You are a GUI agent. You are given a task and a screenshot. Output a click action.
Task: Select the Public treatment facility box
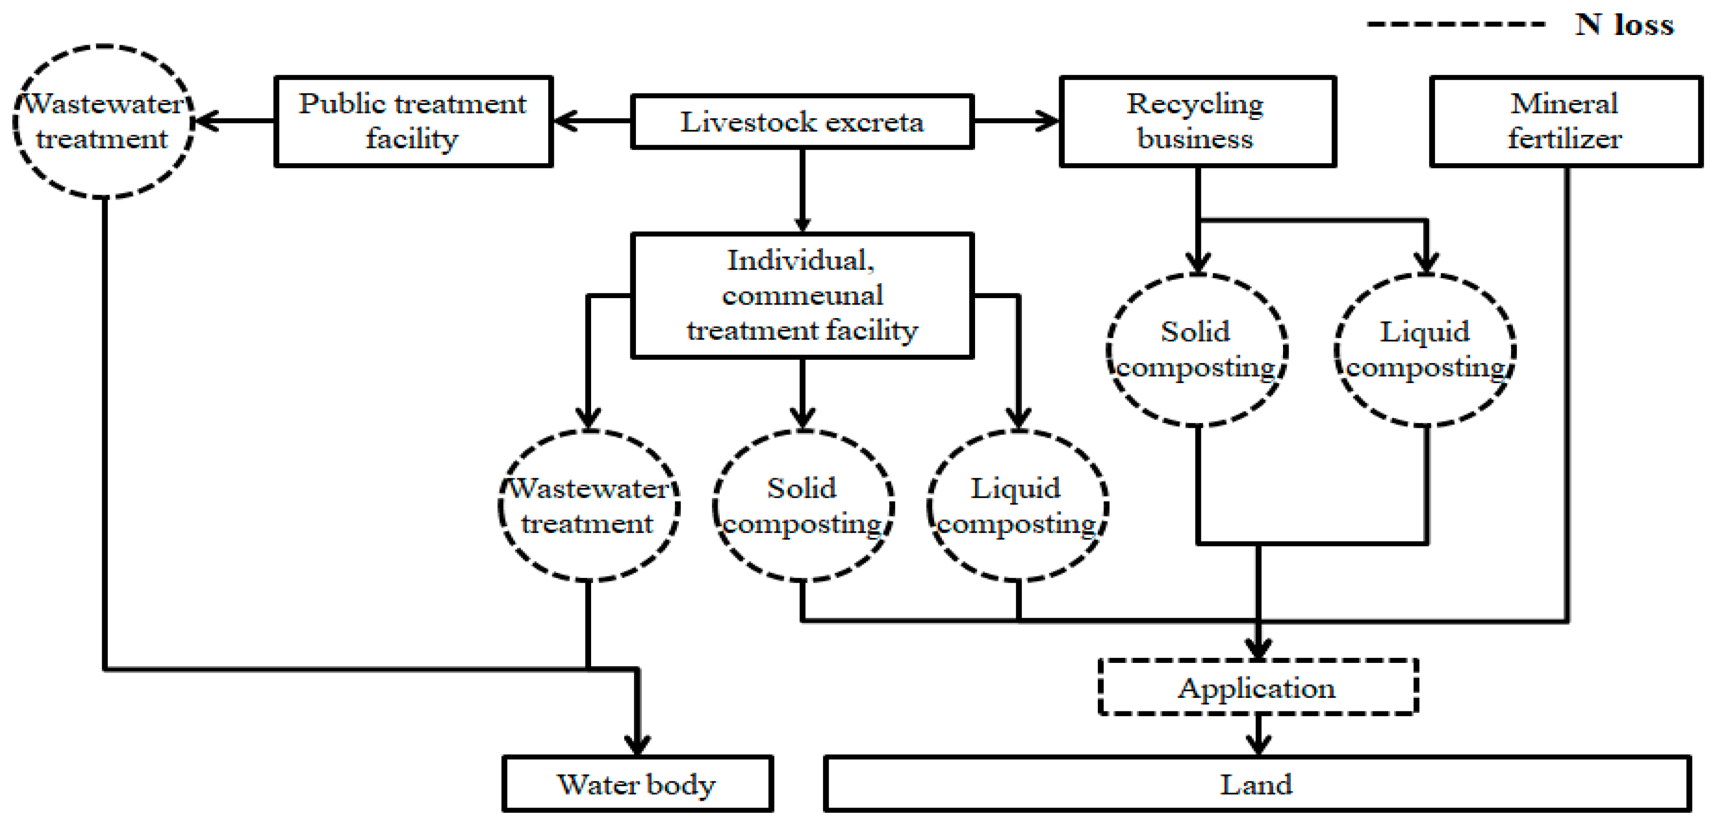tap(413, 121)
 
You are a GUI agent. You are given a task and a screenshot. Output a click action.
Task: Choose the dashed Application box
tap(1258, 687)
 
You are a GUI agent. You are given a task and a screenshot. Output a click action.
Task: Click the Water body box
tap(637, 784)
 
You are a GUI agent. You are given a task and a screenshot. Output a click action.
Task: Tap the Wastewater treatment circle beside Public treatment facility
tap(103, 121)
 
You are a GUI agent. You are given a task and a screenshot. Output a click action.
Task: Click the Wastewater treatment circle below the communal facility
tap(588, 506)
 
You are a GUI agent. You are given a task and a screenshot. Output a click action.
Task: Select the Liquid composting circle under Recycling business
tap(1425, 349)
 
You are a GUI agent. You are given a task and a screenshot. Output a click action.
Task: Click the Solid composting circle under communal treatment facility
tap(803, 506)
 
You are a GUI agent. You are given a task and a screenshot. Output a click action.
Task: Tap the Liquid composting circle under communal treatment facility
tap(1017, 506)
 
